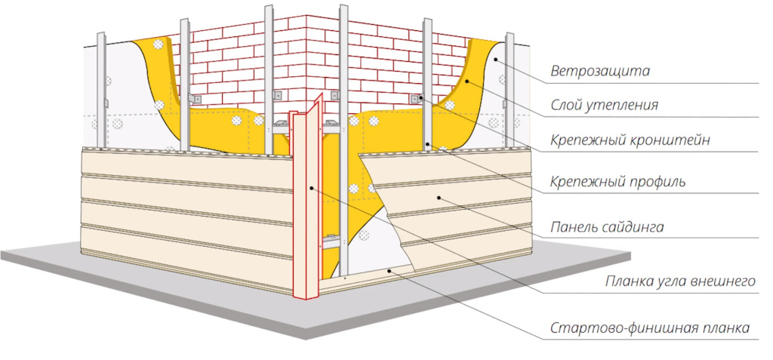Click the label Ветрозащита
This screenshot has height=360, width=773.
(x=600, y=72)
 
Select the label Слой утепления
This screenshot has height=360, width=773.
(x=604, y=106)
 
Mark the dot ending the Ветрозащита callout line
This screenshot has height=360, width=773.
(x=495, y=59)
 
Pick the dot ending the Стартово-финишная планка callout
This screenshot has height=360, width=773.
(x=388, y=269)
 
